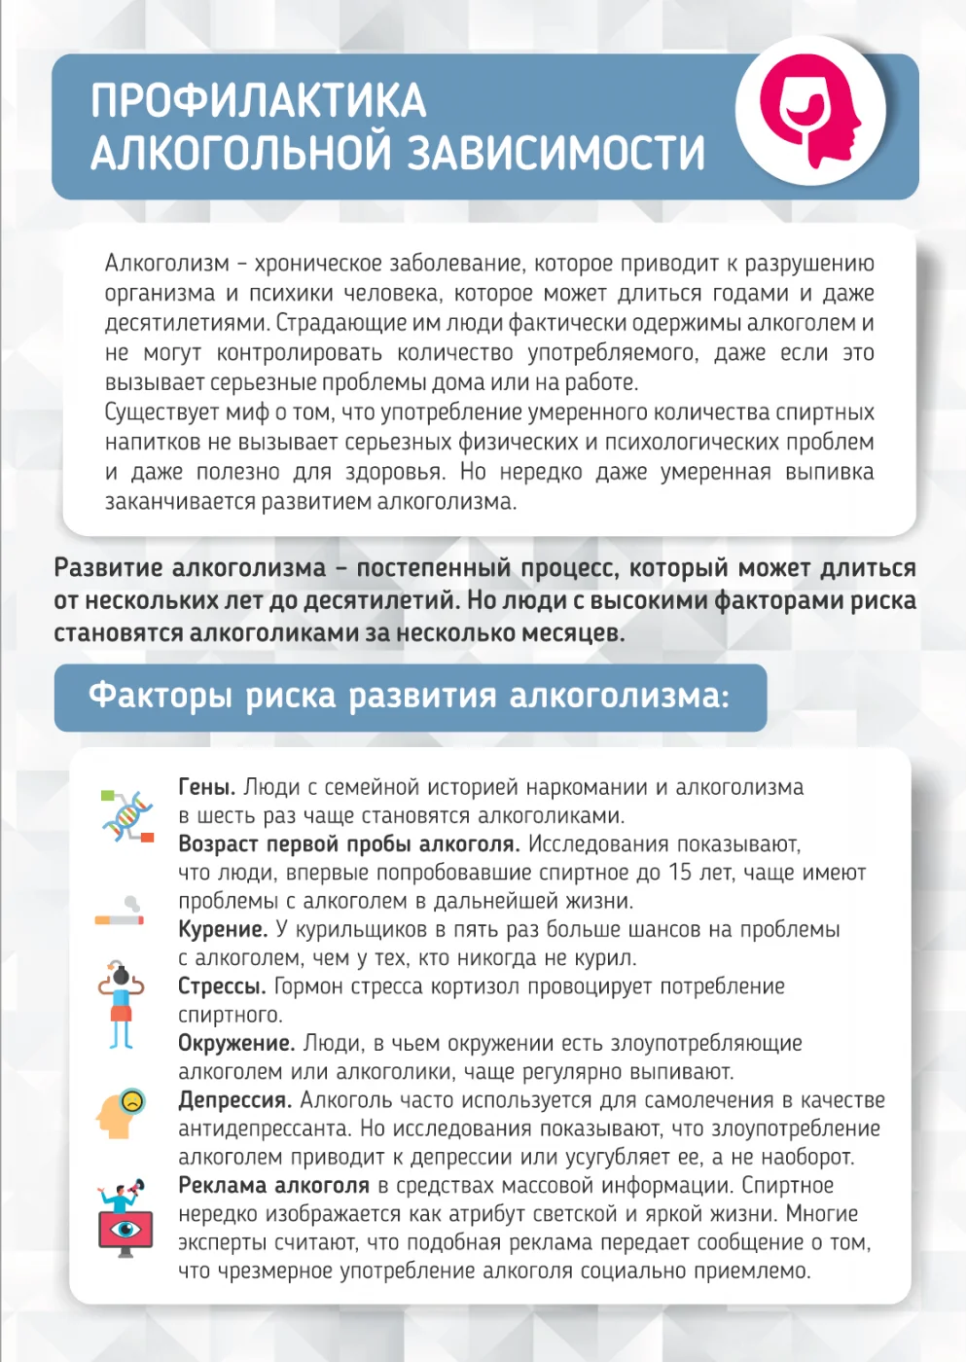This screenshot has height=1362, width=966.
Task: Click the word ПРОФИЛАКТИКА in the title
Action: (259, 100)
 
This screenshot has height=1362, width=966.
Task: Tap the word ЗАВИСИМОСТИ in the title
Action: (555, 153)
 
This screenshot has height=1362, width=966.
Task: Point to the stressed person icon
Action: (121, 1005)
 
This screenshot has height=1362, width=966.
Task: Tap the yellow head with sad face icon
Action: (121, 1112)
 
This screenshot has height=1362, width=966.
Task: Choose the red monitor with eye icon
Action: (125, 1218)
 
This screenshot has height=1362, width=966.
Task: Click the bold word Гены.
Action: (206, 787)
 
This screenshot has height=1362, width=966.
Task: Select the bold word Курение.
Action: (222, 930)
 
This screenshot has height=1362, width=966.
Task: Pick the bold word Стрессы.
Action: (222, 986)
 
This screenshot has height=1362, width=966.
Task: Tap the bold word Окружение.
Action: (235, 1044)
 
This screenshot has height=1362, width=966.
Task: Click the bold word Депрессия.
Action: (234, 1100)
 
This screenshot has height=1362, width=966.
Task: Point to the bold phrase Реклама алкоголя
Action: (273, 1186)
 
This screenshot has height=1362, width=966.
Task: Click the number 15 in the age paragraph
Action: (680, 873)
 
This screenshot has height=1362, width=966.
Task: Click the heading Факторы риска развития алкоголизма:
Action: (409, 697)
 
